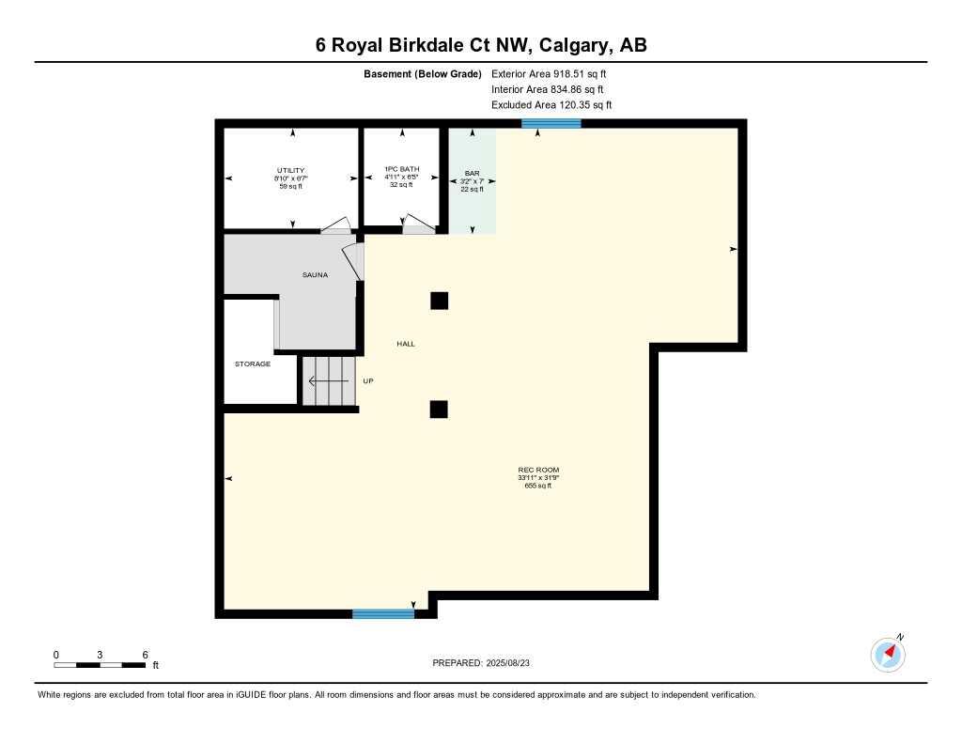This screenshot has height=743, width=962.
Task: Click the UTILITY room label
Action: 290,170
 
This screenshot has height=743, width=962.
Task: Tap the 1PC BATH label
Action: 401,169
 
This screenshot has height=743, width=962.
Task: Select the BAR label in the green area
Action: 472,174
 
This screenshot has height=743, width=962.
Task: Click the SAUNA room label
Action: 315,274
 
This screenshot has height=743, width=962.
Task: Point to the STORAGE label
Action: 253,364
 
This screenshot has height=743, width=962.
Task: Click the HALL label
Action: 405,344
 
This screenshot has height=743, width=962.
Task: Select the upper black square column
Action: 439,301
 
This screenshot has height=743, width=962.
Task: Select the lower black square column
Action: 439,409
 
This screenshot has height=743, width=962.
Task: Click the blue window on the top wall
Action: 551,123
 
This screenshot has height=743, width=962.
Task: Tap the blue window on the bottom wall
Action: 383,614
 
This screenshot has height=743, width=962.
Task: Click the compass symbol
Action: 888,653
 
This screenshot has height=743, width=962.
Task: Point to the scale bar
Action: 100,665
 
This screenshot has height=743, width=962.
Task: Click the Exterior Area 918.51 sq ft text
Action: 550,73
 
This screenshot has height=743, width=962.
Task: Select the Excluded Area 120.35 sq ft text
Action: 551,105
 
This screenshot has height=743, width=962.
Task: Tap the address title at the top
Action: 481,45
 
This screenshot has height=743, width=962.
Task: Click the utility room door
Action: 335,226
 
